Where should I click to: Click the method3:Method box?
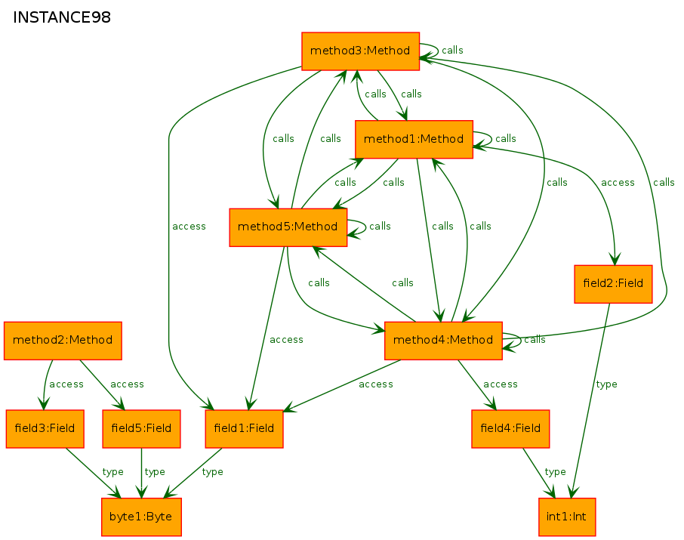coord(360,51)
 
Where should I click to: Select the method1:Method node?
coord(414,139)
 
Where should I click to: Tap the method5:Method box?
coord(288,227)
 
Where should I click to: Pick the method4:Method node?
coord(443,341)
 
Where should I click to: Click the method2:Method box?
coord(63,341)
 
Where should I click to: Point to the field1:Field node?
coord(245,429)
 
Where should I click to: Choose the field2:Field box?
coord(613,284)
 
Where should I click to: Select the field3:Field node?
coord(45,429)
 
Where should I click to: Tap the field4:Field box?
coord(510,429)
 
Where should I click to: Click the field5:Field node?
coord(141,429)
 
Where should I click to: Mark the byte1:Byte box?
coord(141,517)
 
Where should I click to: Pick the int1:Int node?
coord(567,517)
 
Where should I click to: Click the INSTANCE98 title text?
coord(62,17)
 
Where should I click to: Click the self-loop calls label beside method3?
coord(452,51)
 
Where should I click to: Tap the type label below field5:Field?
coord(155,472)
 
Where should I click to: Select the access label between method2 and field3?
coord(66,384)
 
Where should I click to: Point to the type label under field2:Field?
coord(607,384)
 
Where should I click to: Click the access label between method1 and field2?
coord(618,183)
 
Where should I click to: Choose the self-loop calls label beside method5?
coord(380,227)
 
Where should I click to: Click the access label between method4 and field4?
coord(501,384)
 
